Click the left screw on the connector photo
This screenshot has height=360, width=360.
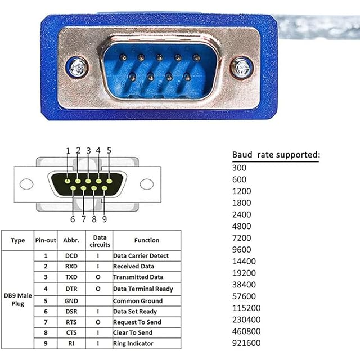(77, 67)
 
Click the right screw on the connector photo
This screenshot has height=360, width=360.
(242, 67)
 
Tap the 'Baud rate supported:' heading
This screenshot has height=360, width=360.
(276, 155)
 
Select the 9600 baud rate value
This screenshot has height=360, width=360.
(241, 249)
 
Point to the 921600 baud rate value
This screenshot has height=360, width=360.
(245, 343)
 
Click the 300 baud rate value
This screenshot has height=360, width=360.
(239, 168)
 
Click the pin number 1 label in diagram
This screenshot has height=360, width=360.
(68, 151)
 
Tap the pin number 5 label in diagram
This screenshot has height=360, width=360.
(109, 151)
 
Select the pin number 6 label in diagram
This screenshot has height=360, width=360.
(73, 219)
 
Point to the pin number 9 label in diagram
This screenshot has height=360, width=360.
(104, 219)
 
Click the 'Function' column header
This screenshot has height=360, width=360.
(147, 241)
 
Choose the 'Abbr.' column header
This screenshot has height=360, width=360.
(71, 241)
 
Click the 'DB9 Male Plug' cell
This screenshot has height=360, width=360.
(17, 299)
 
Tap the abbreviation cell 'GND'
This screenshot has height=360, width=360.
(71, 300)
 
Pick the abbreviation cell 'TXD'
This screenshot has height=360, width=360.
(71, 277)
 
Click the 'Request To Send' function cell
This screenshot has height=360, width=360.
(137, 322)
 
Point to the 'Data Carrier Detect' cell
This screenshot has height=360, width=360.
(141, 256)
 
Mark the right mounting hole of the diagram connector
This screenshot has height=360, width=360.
(147, 184)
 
